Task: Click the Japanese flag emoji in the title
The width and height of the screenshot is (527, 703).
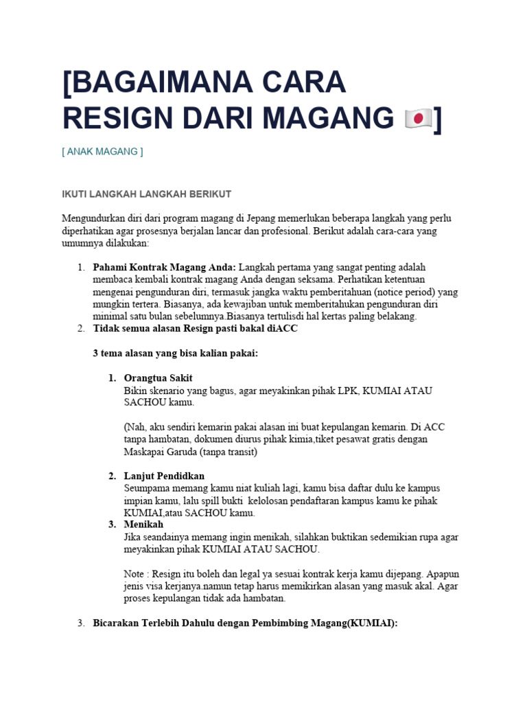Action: point(418,119)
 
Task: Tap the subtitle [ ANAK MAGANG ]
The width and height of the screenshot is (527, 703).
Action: point(102,152)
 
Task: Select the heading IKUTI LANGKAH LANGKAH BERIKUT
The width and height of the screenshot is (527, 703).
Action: point(147,194)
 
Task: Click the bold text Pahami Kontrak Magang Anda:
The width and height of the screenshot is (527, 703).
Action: point(165,266)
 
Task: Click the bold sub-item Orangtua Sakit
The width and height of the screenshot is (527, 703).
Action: point(159,378)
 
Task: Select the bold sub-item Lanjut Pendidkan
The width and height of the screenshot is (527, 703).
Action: point(164,476)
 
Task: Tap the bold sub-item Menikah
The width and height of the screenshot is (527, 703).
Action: point(143,525)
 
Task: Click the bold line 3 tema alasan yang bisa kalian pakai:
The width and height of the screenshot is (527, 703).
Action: point(175,353)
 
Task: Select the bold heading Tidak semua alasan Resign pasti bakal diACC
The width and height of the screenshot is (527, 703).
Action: point(196,328)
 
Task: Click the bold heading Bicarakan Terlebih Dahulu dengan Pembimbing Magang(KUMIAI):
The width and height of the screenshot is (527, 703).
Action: point(246,623)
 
